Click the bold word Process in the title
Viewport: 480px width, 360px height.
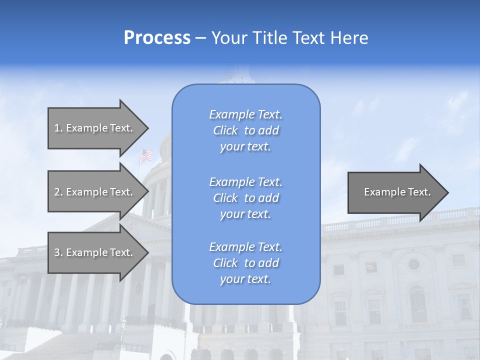tap(157, 38)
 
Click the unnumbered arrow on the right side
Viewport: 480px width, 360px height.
tap(395, 192)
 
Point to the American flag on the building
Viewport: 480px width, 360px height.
tap(146, 155)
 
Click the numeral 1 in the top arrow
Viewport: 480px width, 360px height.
tap(56, 128)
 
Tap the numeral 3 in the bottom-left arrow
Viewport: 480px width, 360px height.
tap(57, 252)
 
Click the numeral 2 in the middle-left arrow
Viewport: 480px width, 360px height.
tap(57, 192)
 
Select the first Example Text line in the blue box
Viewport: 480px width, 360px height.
tap(245, 114)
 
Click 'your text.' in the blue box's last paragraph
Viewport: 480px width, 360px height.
tap(245, 279)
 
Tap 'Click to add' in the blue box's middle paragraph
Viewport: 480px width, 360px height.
tap(245, 198)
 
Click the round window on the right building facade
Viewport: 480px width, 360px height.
tap(413, 264)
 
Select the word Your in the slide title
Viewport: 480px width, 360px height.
tap(228, 38)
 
